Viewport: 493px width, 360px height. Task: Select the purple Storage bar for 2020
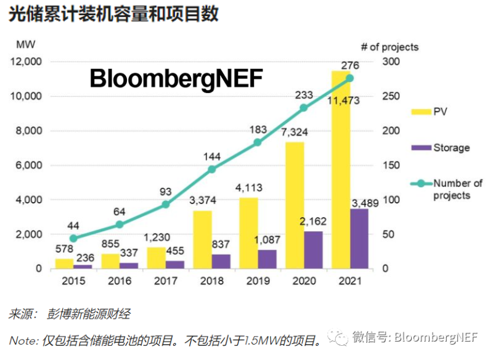313,250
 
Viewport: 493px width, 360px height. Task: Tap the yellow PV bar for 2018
202,240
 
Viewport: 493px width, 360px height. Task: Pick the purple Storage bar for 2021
359,239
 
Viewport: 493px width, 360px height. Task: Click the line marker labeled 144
211,169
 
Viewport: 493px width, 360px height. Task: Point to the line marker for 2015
73,238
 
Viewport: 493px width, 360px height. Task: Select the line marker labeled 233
303,107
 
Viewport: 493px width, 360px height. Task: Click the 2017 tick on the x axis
165,281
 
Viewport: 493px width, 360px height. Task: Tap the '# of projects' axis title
389,47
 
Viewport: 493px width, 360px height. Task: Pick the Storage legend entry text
452,147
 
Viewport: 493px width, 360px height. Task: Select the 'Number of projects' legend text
458,189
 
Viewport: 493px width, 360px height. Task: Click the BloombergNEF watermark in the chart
176,79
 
